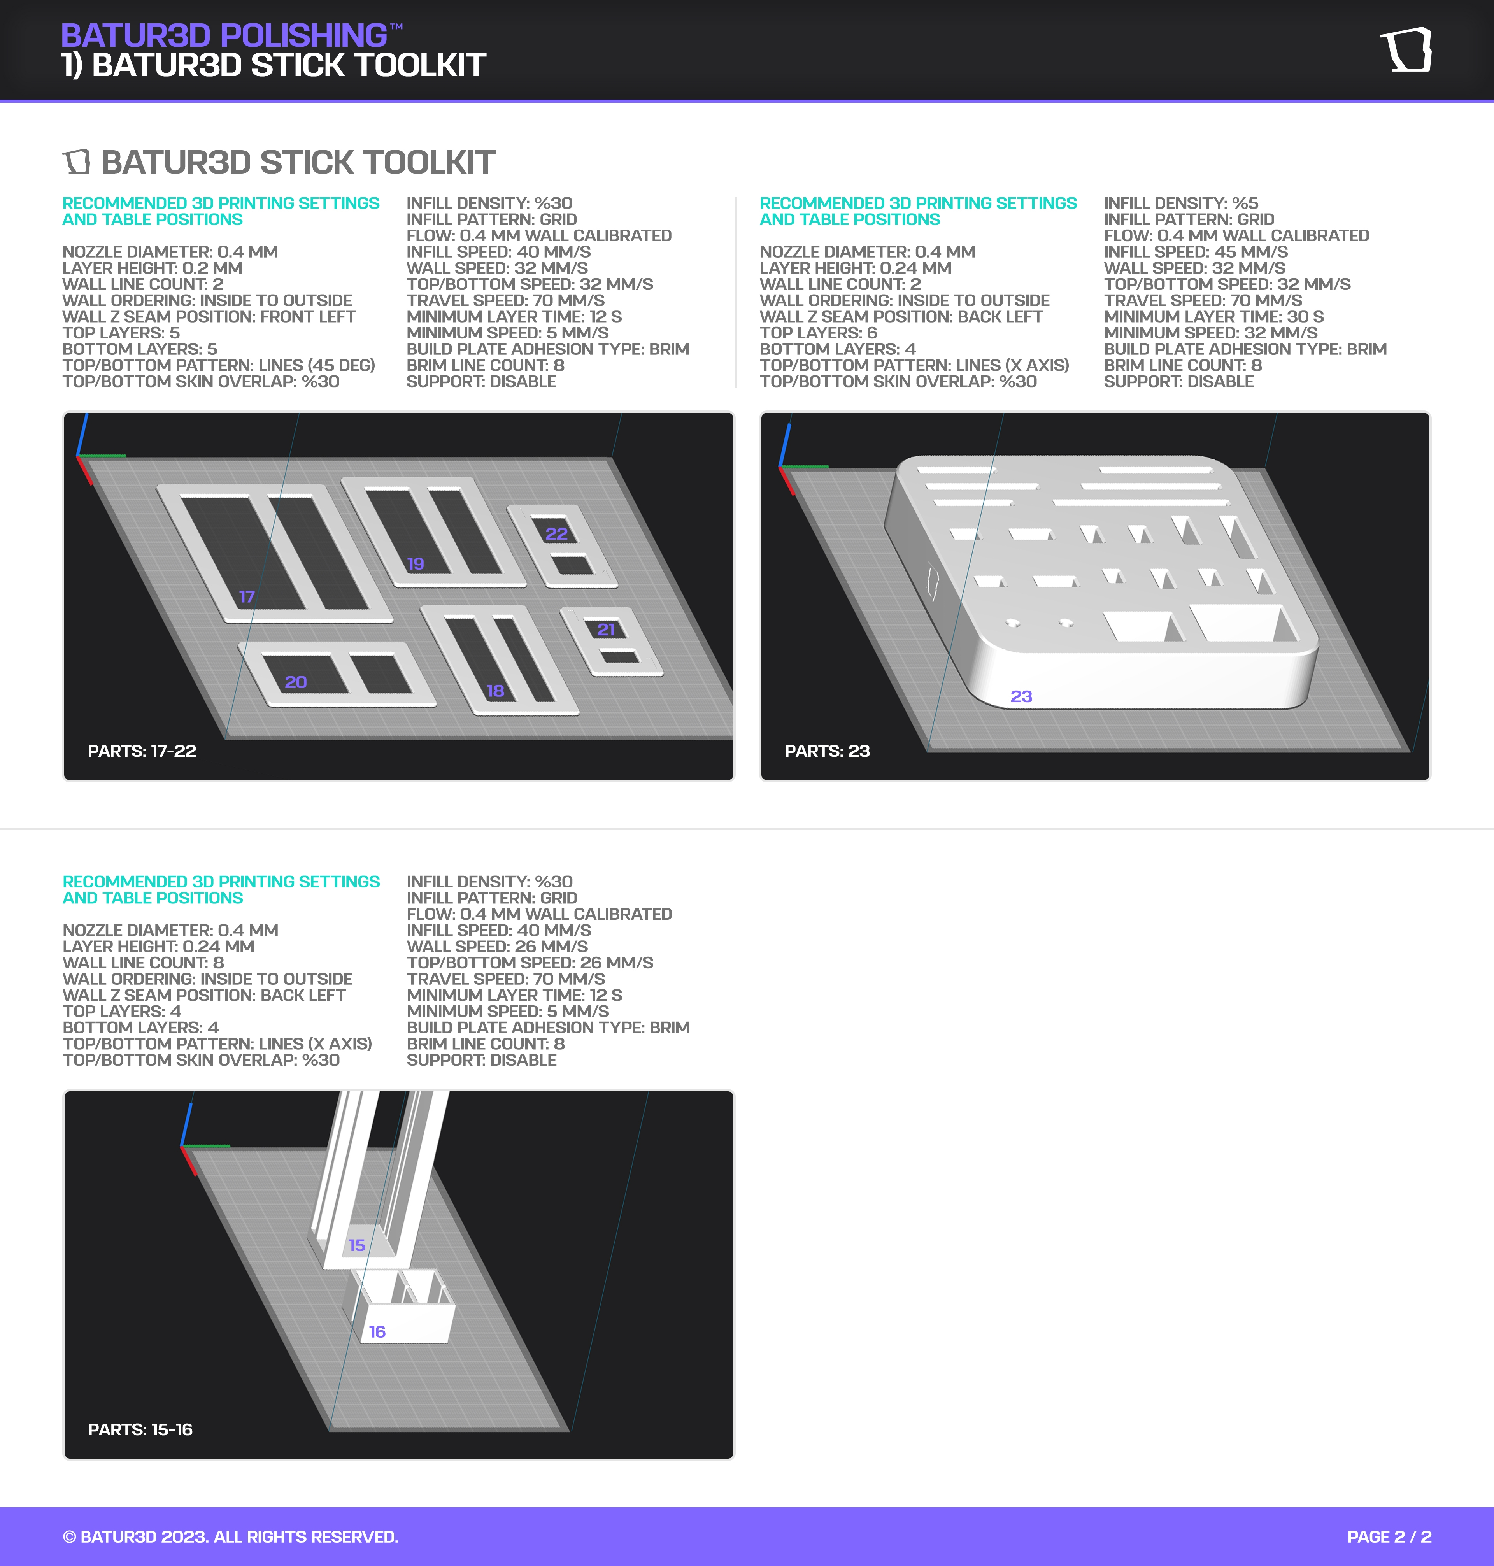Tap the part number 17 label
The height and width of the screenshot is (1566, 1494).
point(247,596)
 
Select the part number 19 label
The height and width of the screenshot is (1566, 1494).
point(416,564)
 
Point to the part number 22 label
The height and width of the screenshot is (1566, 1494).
point(557,534)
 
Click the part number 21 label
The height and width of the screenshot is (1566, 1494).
point(606,629)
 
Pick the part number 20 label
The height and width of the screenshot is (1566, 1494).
point(295,682)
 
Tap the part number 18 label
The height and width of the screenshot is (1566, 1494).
point(495,691)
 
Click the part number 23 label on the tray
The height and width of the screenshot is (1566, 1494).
point(1021,696)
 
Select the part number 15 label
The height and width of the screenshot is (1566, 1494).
point(357,1245)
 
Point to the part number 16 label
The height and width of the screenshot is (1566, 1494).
point(377,1332)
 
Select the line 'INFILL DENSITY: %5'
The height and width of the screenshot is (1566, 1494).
point(1181,203)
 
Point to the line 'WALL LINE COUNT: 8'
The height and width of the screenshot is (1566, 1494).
point(143,962)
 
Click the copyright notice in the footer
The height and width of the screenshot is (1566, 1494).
point(231,1536)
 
